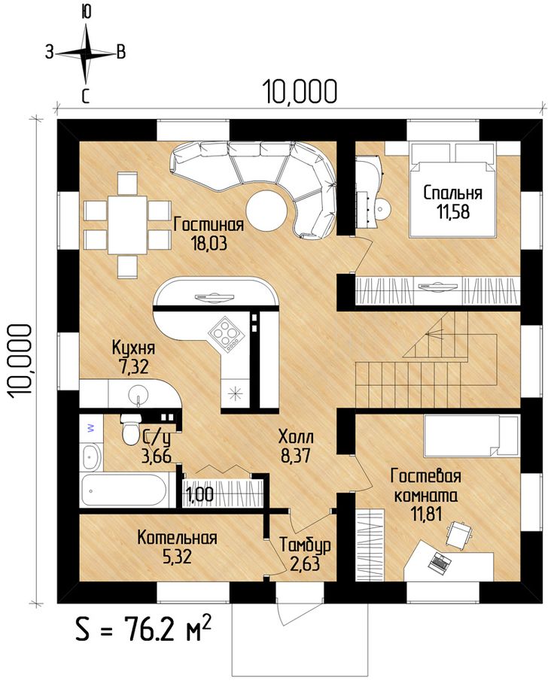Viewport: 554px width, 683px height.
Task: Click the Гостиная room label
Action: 209,225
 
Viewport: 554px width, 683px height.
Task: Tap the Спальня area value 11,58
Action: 453,211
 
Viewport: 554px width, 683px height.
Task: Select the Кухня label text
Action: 133,348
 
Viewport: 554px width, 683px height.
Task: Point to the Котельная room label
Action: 177,537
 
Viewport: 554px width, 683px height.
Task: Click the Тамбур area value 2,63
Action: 305,563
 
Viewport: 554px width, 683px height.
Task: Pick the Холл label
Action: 296,436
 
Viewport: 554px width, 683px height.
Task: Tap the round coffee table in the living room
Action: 266,211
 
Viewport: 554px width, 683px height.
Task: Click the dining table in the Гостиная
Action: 127,225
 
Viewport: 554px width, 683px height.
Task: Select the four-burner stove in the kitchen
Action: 225,335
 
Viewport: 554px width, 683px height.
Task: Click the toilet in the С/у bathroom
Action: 131,429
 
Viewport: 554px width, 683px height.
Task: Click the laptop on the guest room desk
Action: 439,562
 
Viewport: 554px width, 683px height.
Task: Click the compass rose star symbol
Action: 86,53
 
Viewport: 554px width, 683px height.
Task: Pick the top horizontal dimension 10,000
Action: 300,92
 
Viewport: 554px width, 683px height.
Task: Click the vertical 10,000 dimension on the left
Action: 20,360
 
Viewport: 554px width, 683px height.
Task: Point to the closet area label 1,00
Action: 200,495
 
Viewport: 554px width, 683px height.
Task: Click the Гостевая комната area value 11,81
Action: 427,514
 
